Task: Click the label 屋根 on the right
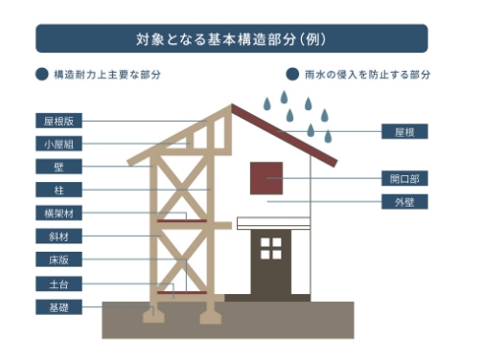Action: [403, 131]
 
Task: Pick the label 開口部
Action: [403, 179]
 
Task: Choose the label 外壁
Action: [403, 202]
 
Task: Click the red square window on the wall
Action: [266, 178]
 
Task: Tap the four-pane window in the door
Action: [272, 248]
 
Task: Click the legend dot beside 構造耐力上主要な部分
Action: [41, 74]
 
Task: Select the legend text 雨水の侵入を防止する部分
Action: [366, 74]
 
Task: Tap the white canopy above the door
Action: [273, 222]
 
